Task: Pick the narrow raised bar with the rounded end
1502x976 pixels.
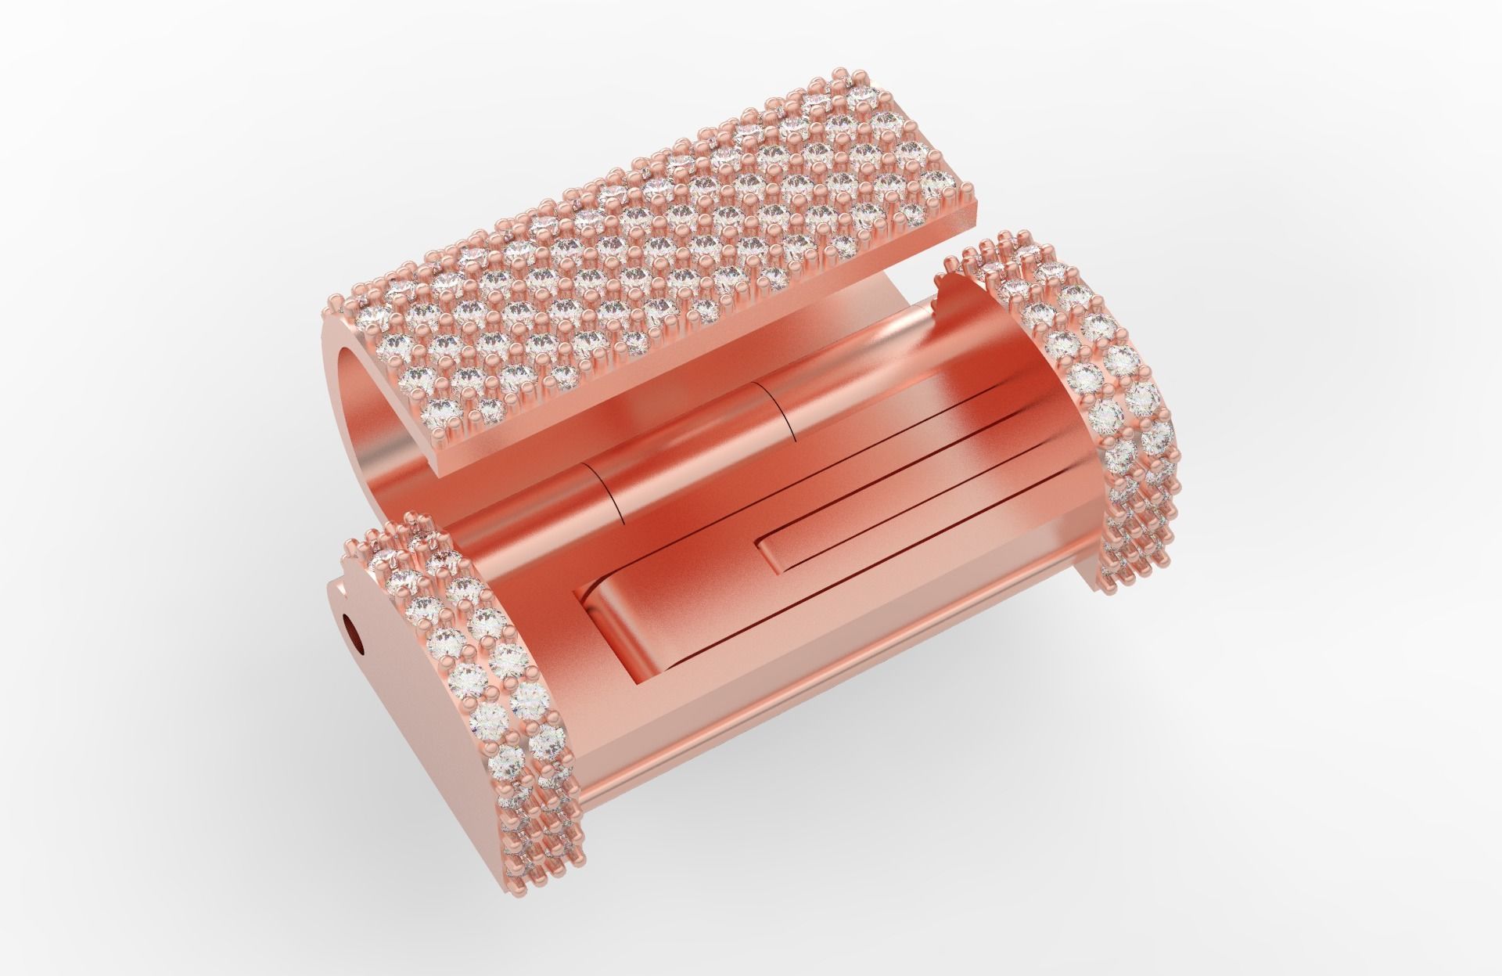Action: point(861,532)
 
